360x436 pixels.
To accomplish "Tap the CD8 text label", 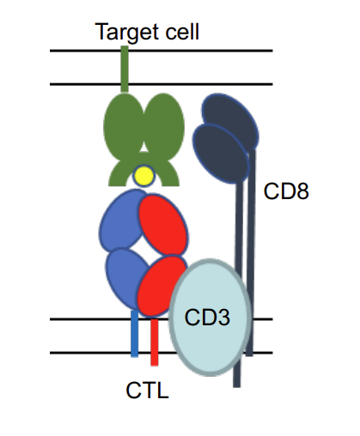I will [285, 191].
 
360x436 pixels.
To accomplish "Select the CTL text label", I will [147, 391].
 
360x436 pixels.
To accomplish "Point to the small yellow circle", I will [143, 176].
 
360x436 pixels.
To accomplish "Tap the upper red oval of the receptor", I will [163, 225].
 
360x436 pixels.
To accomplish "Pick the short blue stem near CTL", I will [134, 335].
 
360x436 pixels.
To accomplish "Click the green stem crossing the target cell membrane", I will [125, 69].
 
